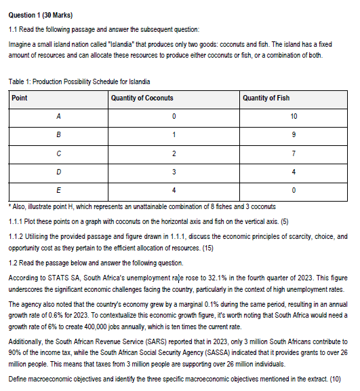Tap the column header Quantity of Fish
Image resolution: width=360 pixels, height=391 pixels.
point(266,98)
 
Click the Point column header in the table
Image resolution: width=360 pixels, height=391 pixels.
point(20,98)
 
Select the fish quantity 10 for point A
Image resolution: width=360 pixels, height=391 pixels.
point(293,117)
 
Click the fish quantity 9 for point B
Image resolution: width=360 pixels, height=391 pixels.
point(293,136)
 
